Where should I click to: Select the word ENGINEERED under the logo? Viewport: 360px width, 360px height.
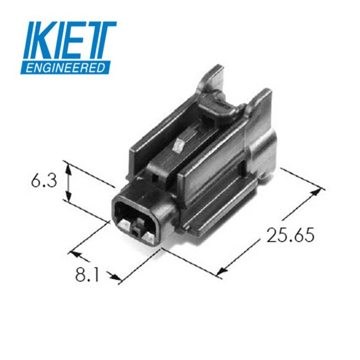(x=65, y=68)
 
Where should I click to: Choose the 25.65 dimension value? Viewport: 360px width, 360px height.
(x=290, y=235)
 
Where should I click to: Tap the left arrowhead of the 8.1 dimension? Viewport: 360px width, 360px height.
(x=76, y=255)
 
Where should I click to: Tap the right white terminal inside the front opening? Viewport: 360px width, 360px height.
(x=148, y=235)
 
